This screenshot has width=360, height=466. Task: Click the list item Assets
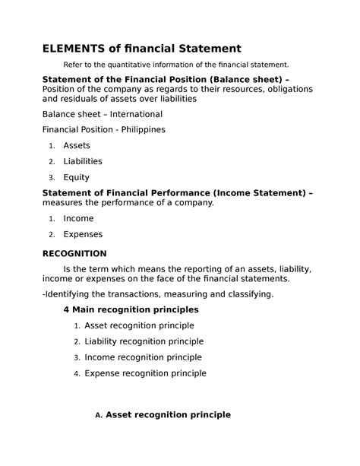(x=77, y=145)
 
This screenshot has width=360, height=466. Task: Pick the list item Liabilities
(x=83, y=161)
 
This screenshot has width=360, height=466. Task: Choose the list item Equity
(x=76, y=177)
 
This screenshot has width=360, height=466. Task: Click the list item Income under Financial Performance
(x=79, y=218)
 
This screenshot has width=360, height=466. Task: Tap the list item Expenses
(x=83, y=234)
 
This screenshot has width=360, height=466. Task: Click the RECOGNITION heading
(x=74, y=253)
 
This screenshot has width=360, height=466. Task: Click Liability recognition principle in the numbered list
(x=144, y=341)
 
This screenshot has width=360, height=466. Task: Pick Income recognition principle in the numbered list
(x=143, y=357)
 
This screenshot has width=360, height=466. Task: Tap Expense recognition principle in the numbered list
(x=145, y=373)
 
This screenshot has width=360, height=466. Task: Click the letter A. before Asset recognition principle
(x=98, y=415)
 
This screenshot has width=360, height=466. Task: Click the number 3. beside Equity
(x=51, y=178)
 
